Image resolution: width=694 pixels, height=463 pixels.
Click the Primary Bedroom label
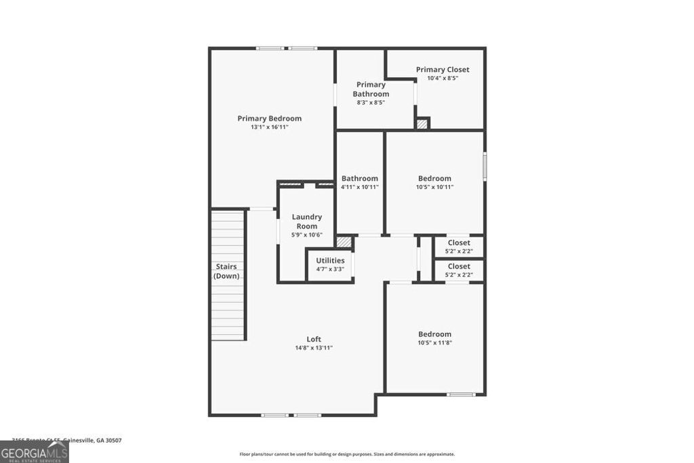(269, 119)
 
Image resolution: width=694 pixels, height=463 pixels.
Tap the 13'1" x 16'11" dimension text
(269, 127)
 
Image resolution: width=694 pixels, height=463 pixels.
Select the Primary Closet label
(443, 70)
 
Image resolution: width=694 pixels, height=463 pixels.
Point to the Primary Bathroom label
(371, 89)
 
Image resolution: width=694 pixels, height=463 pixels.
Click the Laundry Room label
(307, 222)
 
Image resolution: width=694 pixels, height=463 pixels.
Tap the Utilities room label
(330, 260)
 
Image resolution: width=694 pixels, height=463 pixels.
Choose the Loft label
(313, 339)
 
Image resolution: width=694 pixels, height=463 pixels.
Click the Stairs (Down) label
(226, 271)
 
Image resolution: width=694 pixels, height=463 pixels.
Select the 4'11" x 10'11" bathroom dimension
(360, 187)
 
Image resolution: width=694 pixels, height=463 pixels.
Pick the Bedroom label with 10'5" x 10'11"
(434, 179)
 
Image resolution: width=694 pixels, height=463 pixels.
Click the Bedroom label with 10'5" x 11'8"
(434, 334)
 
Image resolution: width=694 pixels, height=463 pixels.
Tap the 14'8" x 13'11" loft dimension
(313, 348)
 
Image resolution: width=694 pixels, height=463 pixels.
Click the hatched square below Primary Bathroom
(422, 123)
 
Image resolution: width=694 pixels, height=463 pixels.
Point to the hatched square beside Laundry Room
(344, 241)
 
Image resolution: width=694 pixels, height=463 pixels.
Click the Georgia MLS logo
(35, 452)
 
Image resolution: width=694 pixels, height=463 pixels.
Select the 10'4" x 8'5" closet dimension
(443, 79)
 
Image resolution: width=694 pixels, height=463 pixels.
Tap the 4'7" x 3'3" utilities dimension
(330, 269)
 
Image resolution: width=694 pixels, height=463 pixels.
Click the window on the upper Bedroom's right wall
(485, 166)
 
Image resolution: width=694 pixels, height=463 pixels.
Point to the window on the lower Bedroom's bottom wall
(461, 394)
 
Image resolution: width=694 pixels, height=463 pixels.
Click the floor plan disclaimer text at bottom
(347, 454)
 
